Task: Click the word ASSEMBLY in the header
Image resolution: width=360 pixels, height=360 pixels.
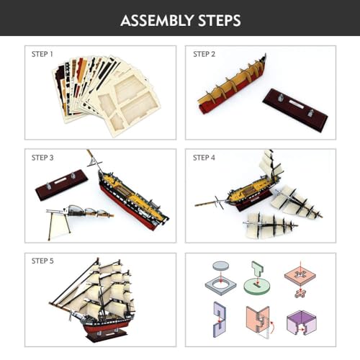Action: click(157, 20)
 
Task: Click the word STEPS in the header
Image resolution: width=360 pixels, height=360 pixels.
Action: click(220, 20)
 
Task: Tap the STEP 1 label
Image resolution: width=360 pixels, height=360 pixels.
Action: click(42, 54)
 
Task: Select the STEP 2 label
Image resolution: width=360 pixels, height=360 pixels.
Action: click(204, 54)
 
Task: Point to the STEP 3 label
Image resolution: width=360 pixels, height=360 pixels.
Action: click(42, 158)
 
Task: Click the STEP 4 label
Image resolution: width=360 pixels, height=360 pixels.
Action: click(204, 158)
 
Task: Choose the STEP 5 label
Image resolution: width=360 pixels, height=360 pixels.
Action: click(42, 261)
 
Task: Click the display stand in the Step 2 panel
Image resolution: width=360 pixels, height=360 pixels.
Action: click(295, 107)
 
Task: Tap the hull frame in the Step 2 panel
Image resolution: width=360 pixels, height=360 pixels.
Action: click(232, 84)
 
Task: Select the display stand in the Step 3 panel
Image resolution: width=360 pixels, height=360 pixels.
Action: click(61, 184)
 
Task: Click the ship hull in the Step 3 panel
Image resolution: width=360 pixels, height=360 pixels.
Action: click(133, 200)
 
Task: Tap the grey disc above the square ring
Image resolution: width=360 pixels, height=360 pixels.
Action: click(220, 266)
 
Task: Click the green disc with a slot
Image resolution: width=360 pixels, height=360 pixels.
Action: click(257, 287)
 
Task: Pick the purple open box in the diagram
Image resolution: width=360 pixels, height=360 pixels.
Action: click(302, 323)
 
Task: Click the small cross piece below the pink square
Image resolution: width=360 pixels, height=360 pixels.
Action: click(300, 293)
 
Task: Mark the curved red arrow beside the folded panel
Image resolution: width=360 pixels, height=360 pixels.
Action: click(272, 327)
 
